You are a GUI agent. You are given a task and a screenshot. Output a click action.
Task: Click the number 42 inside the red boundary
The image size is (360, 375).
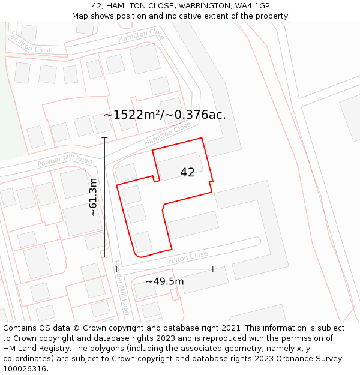[187, 173]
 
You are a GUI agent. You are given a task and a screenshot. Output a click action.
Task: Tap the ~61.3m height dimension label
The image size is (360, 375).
[93, 197]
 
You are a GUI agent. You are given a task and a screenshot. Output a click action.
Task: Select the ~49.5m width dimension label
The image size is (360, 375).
[165, 281]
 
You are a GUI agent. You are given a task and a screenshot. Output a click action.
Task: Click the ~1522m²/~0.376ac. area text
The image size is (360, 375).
[165, 115]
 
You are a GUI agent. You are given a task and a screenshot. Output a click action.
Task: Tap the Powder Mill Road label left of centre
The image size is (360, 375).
[65, 161]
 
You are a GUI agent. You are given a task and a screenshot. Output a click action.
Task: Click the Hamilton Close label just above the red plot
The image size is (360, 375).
[167, 134]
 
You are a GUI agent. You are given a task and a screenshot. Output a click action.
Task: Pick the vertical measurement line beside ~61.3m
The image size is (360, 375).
[105, 197]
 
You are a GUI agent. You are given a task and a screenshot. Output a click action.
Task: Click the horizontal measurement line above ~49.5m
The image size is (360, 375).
[165, 269]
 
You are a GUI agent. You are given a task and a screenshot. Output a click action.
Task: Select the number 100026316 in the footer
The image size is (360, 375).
[26, 368]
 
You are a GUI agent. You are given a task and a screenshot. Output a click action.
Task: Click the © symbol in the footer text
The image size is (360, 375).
[76, 328]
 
